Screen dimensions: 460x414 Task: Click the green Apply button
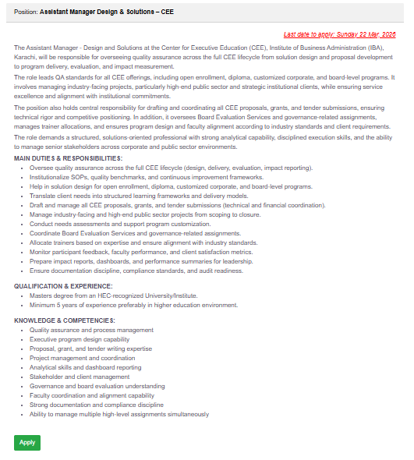[x=27, y=442]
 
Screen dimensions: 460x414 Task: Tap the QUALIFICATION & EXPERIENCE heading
[x=61, y=286]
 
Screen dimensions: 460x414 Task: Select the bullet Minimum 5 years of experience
[x=133, y=305]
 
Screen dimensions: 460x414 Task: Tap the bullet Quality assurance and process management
[x=91, y=330]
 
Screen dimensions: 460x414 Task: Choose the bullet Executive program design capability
[x=80, y=339]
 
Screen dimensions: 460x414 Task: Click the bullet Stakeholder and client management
[x=80, y=377]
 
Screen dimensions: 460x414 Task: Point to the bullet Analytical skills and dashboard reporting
[x=86, y=367]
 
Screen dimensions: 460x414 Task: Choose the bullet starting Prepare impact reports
[x=141, y=261]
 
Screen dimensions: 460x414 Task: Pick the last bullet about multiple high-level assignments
[x=119, y=414]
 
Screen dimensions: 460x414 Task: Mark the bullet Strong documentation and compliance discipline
[x=97, y=405]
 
